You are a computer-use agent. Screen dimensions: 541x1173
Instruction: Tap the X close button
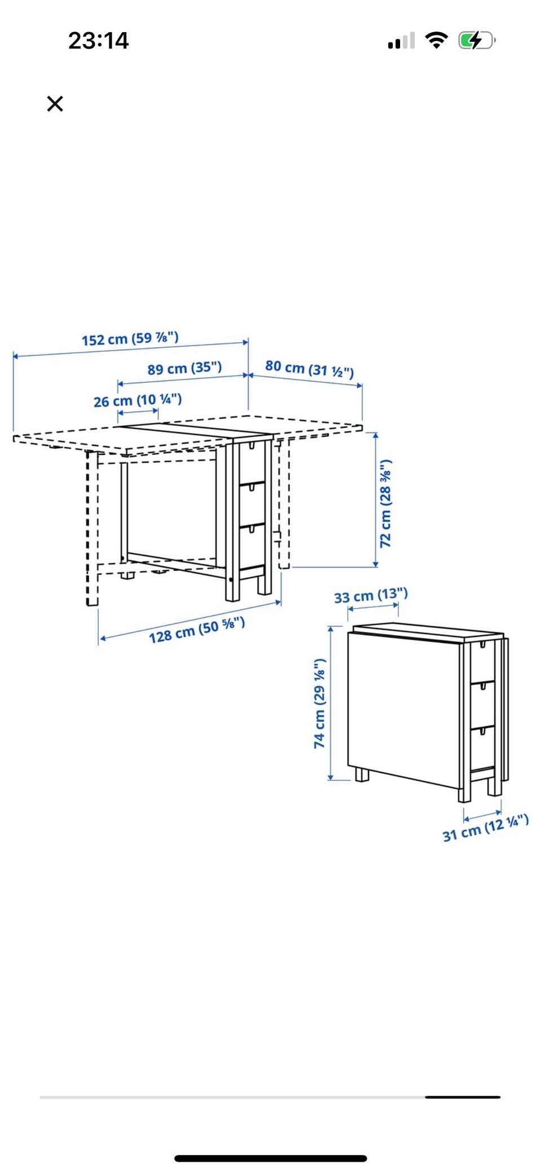coord(55,104)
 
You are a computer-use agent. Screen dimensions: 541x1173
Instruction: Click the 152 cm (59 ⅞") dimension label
coord(130,339)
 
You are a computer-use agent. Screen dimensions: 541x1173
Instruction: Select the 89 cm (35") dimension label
coord(185,369)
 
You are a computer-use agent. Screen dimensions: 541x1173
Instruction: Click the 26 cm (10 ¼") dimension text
coord(138,401)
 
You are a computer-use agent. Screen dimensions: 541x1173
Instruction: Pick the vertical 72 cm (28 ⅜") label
coord(385,503)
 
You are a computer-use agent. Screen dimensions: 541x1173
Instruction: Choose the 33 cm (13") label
coord(371,596)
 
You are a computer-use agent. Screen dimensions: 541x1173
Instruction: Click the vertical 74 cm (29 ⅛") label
coord(320,703)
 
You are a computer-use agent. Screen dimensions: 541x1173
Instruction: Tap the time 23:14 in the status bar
coord(99,41)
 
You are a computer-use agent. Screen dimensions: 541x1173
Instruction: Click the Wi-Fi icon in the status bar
coord(436,40)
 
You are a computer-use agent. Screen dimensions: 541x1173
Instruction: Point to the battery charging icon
coord(477,40)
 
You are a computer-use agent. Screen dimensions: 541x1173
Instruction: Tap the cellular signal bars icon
coord(401,41)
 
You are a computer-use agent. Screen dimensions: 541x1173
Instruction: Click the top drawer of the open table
coord(252,462)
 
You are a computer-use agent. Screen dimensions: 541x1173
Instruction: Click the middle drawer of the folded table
coord(483,705)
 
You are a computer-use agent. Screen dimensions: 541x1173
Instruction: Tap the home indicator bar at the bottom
coord(270,1158)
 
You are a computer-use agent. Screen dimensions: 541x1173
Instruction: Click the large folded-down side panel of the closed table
coord(403,709)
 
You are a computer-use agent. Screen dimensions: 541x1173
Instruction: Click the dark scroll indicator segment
coord(463,1097)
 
